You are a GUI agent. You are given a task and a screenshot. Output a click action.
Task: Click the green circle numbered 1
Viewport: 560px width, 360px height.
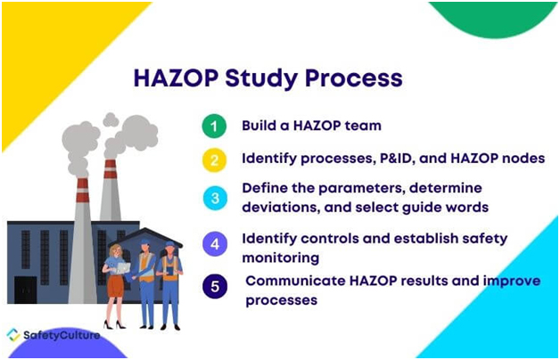214,126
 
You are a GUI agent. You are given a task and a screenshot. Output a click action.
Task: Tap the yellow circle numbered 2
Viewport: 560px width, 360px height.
214,160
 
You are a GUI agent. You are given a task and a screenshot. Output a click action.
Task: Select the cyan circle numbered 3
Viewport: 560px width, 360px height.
215,198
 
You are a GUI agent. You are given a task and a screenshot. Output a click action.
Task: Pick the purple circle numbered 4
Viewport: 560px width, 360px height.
215,244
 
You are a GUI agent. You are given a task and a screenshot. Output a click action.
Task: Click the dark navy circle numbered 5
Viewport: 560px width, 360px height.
215,286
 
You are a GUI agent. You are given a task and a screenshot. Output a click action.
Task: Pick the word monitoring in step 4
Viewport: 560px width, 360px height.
281,258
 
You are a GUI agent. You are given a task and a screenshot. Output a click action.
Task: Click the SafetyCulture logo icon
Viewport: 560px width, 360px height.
13,335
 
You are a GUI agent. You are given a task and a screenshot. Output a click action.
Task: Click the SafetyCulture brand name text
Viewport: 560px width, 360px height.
62,335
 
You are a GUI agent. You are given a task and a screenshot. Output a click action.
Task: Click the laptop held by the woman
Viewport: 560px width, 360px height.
122,267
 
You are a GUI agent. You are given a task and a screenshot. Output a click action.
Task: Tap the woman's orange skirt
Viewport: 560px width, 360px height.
115,285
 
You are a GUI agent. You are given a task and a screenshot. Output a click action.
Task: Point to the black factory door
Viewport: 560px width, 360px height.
25,290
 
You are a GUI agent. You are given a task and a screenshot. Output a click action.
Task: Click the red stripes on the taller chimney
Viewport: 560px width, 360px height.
83,190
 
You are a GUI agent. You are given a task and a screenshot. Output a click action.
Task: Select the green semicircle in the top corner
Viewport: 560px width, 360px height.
493,18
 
